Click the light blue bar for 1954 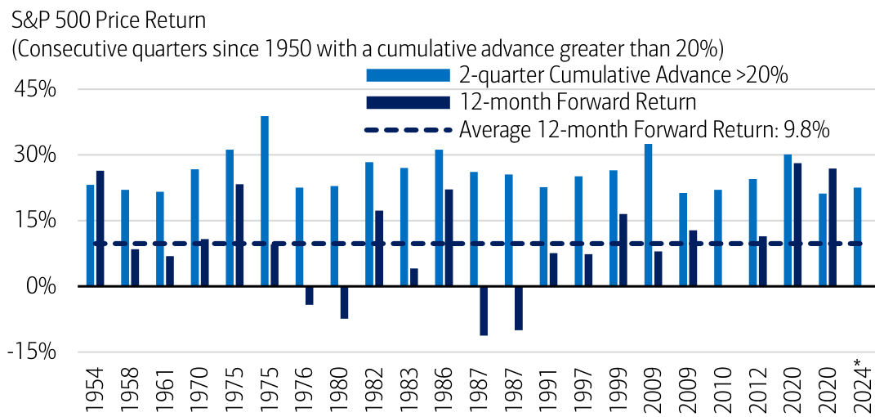[90, 235]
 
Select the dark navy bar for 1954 [100, 228]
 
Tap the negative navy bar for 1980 [344, 302]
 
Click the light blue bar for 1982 [369, 224]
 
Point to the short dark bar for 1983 [413, 277]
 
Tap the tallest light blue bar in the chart [265, 201]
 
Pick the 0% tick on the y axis [42, 286]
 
